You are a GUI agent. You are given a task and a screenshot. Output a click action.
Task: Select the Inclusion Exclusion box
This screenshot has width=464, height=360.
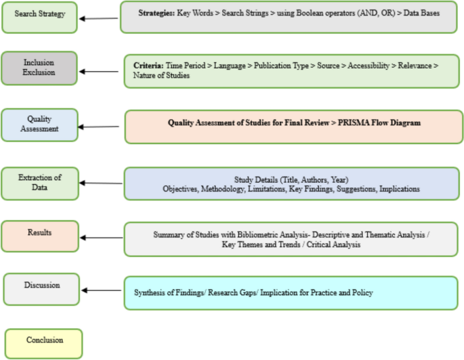coord(39,68)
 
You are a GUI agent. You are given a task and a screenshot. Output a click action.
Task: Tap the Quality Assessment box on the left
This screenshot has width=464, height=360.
coord(39,124)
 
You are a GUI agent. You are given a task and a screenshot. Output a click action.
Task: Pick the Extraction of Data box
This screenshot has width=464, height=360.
coord(39,183)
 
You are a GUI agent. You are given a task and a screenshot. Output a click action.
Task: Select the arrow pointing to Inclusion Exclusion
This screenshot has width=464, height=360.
coord(99,71)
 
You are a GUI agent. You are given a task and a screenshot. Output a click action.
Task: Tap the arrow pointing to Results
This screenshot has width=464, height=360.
coord(101,238)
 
